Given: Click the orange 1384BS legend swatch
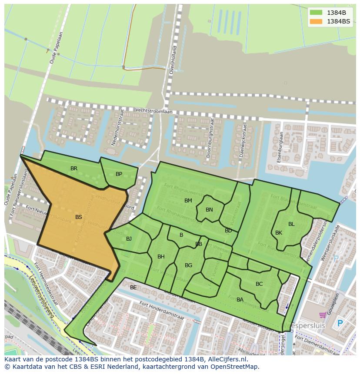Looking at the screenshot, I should [316, 21].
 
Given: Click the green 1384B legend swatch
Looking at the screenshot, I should [316, 13].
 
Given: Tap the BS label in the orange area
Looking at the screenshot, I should [78, 217].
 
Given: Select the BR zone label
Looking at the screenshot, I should [74, 169].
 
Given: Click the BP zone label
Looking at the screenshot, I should [119, 174].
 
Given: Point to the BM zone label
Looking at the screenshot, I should [188, 201].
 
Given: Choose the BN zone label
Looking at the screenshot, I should [209, 210].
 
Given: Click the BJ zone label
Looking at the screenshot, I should [129, 239].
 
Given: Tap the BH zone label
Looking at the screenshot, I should [161, 257].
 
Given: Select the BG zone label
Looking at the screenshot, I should [188, 265].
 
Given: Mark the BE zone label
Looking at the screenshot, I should [133, 288].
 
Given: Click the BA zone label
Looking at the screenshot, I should [240, 300].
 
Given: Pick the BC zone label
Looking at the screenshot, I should [259, 284].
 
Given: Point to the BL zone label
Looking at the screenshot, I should [291, 224].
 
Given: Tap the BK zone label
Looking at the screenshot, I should [279, 233].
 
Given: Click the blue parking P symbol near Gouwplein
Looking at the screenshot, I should [340, 324].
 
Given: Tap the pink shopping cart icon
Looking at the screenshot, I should [323, 315].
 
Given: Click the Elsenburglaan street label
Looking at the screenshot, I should [280, 148].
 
